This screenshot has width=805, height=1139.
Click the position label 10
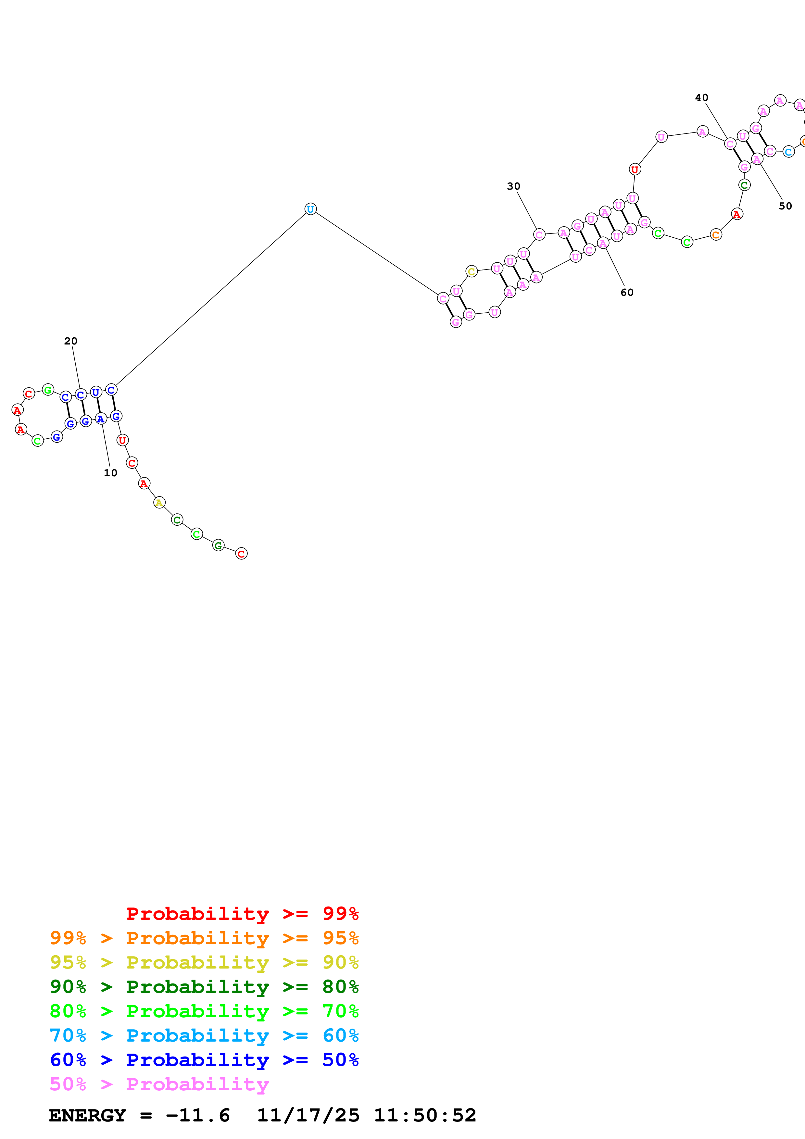(x=110, y=473)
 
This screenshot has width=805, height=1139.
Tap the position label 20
(x=70, y=341)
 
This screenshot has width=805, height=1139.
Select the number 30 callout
(x=513, y=186)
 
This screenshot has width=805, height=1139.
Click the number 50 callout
(x=785, y=206)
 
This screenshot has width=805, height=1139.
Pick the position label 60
(x=627, y=292)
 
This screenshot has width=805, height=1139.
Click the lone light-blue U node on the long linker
(x=310, y=209)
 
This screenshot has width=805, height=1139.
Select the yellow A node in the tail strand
(x=159, y=503)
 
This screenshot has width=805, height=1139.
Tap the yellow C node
(x=471, y=271)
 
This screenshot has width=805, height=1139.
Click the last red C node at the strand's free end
(x=241, y=554)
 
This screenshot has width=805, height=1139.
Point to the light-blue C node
(x=788, y=152)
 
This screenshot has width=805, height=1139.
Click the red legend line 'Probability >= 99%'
(x=242, y=914)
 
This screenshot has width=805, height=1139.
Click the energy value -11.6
(x=197, y=1115)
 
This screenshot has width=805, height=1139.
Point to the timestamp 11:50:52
(x=424, y=1115)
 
